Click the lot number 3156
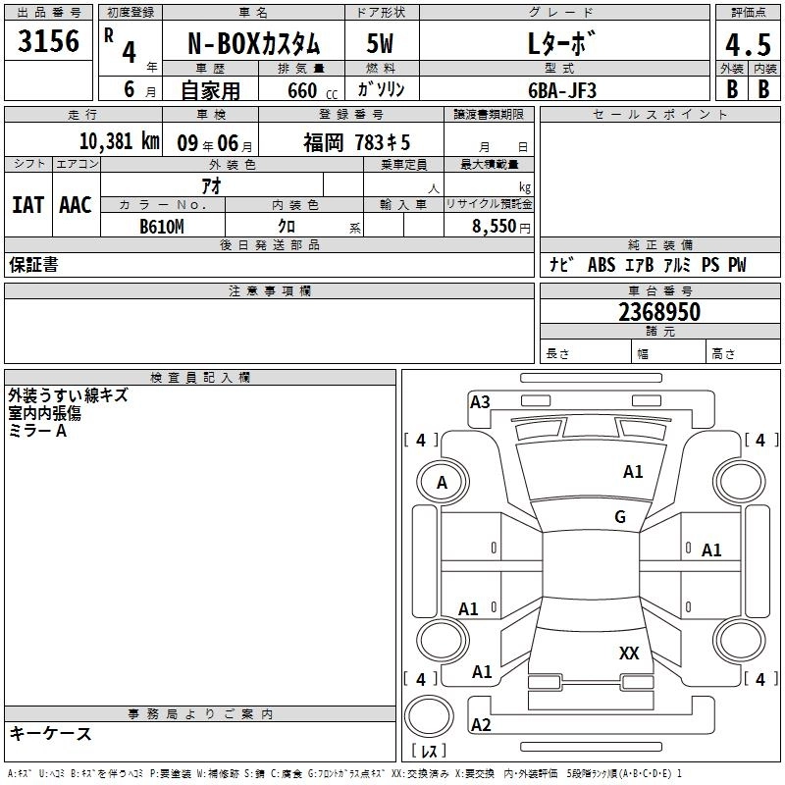point(49,42)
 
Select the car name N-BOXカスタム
point(252,44)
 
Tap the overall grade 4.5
point(746,44)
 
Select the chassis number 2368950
point(659,312)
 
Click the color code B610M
point(162,226)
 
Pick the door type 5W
point(381,44)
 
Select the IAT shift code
point(27,204)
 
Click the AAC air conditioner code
point(75,204)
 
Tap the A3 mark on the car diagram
point(480,401)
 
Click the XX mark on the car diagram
point(629,653)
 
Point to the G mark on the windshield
point(620,516)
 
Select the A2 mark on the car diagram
point(481,724)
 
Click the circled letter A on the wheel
point(442,482)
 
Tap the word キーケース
point(51,734)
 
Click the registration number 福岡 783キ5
point(356,141)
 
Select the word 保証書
point(33,265)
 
